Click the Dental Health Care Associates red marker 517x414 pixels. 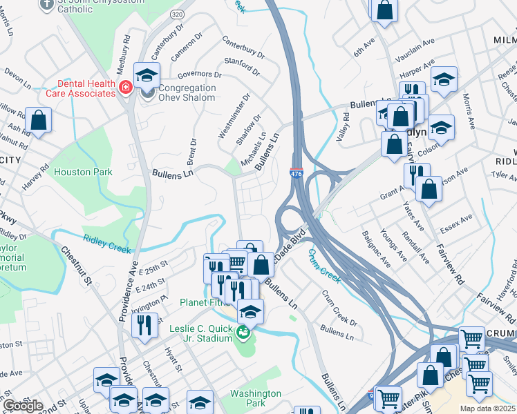click(x=126, y=87)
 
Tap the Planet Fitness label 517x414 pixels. click(x=204, y=302)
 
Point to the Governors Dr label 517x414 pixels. click(x=199, y=75)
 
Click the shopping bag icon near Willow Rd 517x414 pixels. click(x=40, y=120)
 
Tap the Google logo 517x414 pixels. click(x=23, y=406)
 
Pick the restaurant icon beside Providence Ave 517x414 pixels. click(x=144, y=324)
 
